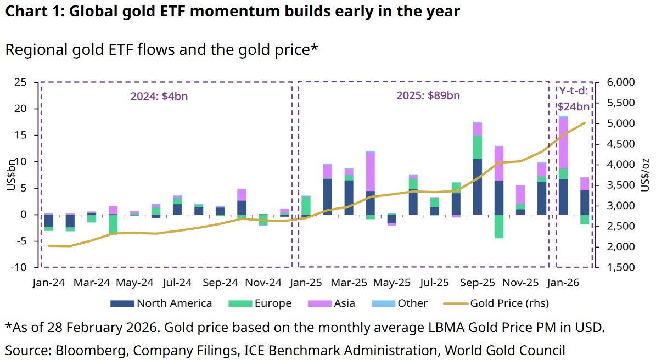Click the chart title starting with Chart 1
(x=232, y=12)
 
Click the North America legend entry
(x=161, y=303)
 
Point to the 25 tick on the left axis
(x=21, y=82)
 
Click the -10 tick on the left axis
(x=20, y=267)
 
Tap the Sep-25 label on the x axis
(x=477, y=283)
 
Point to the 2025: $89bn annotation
(x=428, y=96)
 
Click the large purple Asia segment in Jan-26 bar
(x=563, y=143)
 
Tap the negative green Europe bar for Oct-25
(x=499, y=226)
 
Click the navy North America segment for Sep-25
(x=478, y=187)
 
